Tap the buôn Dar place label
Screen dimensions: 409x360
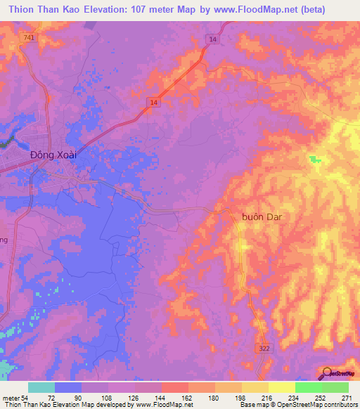[x=257, y=217]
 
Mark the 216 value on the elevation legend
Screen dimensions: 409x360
[x=268, y=398]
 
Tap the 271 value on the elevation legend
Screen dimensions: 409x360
[x=347, y=398]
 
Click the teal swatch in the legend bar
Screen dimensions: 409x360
[x=41, y=387]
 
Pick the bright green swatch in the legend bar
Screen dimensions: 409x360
[x=309, y=387]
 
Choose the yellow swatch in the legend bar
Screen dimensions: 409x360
[x=282, y=387]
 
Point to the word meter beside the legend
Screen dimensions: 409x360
[x=11, y=398]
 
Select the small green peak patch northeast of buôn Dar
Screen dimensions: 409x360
[x=314, y=159]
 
